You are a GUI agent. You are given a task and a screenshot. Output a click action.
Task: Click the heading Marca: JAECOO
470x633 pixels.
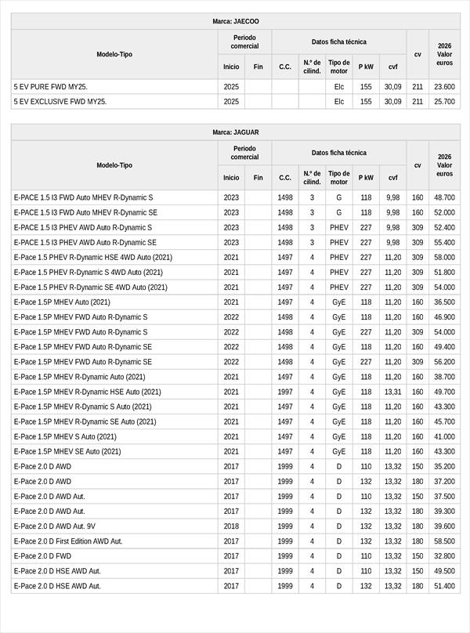(235, 21)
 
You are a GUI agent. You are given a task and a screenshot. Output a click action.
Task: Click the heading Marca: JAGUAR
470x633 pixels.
(235, 132)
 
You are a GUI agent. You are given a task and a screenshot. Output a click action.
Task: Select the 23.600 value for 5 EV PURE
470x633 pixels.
(444, 87)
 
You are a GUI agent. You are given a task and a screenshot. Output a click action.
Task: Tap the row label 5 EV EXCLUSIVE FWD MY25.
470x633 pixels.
(60, 102)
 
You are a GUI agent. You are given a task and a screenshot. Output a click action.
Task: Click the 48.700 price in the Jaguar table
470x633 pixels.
(444, 197)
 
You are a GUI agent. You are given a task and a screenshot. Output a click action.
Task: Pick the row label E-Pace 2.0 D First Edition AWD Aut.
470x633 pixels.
(68, 541)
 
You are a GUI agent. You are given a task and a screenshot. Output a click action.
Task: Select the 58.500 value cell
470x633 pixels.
(444, 541)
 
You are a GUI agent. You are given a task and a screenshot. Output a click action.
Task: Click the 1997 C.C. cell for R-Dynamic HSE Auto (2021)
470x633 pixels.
(285, 392)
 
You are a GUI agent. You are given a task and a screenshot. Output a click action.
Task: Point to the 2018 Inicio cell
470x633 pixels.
(231, 526)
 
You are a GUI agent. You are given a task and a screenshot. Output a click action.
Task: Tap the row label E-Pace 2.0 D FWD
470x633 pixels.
(42, 556)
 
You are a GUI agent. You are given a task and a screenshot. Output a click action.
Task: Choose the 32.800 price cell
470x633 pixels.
(444, 556)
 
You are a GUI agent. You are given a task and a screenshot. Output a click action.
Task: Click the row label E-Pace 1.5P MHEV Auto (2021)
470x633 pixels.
(62, 302)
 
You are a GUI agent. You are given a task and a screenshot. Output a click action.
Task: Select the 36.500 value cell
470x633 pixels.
(444, 302)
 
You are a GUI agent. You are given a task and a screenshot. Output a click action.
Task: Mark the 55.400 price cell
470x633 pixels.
(444, 243)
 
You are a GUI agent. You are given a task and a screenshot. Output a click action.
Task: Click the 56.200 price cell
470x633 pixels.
(444, 362)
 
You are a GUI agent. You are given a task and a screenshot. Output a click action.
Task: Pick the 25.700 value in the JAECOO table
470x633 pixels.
(444, 102)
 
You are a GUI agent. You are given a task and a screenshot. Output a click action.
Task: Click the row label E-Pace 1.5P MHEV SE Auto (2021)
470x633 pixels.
(67, 451)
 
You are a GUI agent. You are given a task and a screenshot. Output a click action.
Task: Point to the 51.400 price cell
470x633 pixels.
(444, 586)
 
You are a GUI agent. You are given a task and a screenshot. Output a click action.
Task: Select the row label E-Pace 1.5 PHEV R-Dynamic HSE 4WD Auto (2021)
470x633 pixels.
(92, 258)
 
